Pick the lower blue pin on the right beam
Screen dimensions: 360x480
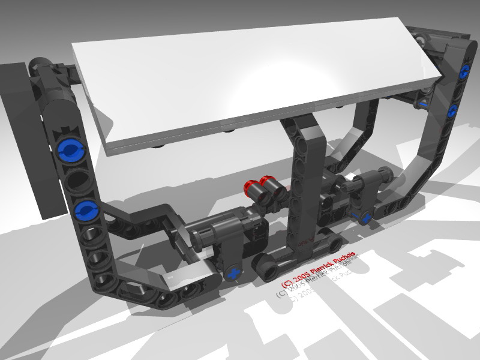454,109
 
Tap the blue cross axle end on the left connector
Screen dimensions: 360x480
233,273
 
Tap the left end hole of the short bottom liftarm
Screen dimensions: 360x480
263,264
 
